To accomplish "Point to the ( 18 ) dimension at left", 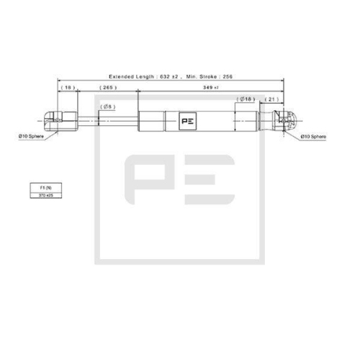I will [x=68, y=87].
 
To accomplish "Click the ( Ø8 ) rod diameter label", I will [x=105, y=106].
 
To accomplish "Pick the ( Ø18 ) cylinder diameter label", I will [x=245, y=99].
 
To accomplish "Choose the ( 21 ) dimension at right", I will [x=273, y=99].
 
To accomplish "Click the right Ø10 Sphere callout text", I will [x=315, y=135].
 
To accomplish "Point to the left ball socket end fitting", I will [x=61, y=120].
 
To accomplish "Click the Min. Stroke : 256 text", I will [x=209, y=76].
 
